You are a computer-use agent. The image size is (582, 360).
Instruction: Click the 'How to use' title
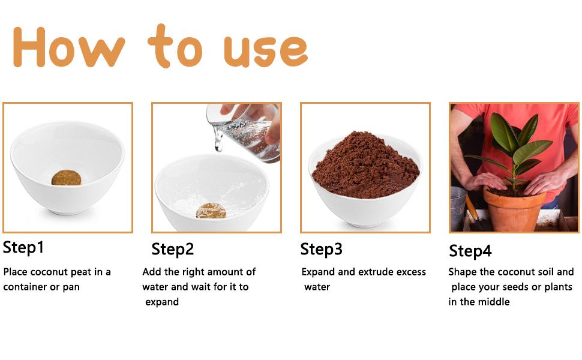160,46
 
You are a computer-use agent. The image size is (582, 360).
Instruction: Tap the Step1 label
23,248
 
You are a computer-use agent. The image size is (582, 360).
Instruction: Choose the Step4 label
470,251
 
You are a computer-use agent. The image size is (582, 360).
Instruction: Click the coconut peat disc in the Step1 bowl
67,178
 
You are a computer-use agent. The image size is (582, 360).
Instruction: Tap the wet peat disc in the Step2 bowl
211,211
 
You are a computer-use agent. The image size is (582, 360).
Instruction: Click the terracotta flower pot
514,209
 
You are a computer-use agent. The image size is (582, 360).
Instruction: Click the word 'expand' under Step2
162,302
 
